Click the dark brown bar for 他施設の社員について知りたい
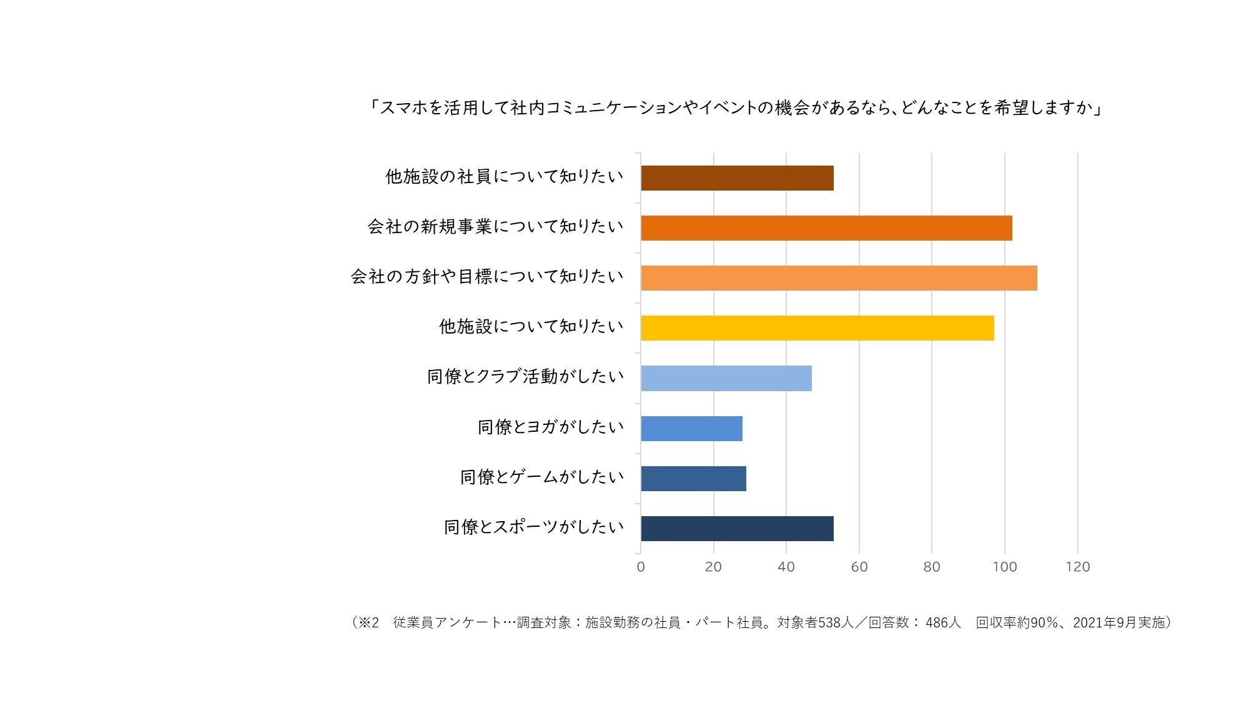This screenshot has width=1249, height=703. tap(737, 178)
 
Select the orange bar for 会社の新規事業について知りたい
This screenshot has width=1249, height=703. tap(826, 228)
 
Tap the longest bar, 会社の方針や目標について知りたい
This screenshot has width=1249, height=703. tap(839, 278)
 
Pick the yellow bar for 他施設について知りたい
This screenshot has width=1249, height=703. tap(817, 328)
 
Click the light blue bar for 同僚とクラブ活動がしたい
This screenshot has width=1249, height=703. tap(726, 379)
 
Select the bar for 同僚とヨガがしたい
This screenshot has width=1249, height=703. tap(691, 429)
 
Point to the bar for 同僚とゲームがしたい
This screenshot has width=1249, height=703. tap(693, 479)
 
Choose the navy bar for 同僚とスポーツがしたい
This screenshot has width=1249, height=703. tap(737, 529)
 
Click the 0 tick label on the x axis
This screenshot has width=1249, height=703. tap(641, 567)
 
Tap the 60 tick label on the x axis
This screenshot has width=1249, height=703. tap(859, 567)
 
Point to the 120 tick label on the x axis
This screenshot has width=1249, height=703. tap(1078, 567)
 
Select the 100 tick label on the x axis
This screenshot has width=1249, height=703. tap(1005, 567)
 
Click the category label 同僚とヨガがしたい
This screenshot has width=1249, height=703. tap(551, 427)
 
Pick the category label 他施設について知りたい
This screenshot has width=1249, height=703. tap(531, 326)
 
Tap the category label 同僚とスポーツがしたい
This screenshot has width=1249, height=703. tap(534, 527)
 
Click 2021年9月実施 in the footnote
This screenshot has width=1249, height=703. tap(1118, 623)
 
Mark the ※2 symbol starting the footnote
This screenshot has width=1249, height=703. tap(368, 623)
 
